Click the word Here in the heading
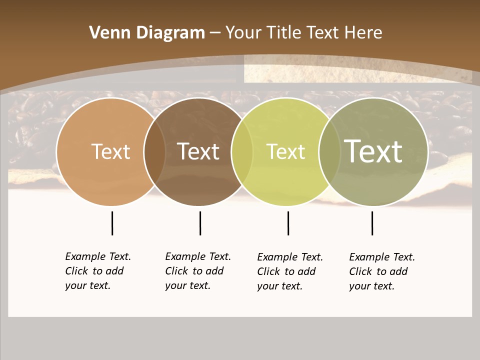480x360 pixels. (363, 33)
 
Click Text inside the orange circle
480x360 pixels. (110, 151)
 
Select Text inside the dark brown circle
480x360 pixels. (198, 151)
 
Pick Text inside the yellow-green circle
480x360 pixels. (285, 151)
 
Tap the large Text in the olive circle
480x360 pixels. (373, 151)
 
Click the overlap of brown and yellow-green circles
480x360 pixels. (242, 151)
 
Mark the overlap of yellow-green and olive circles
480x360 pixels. (328, 151)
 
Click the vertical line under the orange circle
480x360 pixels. (112, 223)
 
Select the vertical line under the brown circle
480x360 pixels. (200, 223)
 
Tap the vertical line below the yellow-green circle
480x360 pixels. (288, 223)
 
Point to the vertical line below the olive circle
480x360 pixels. (372, 223)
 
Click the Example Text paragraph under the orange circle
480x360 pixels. (98, 271)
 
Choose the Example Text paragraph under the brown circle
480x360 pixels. (198, 271)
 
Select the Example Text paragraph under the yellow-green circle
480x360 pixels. (290, 271)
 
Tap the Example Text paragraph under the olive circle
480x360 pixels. (382, 271)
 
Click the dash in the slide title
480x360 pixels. (215, 33)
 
